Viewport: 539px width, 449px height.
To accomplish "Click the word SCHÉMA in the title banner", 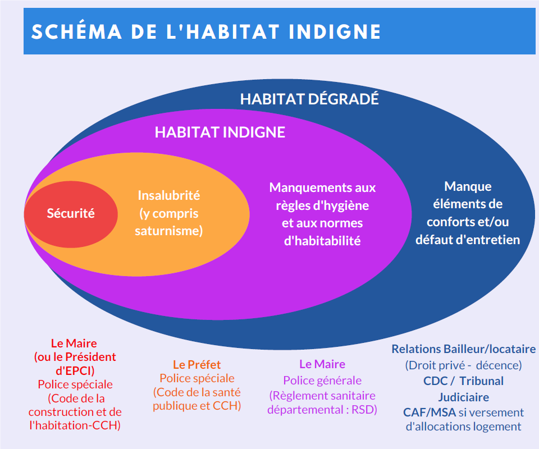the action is point(77,31).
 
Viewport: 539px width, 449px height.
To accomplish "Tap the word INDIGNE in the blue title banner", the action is point(335,31).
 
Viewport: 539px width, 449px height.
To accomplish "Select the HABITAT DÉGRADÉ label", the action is point(309,99).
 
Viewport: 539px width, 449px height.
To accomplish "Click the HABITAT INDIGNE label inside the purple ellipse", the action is point(220,132).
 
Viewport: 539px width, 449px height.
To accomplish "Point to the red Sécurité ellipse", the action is point(71,214).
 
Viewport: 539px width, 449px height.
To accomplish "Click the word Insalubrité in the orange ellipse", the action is point(169,195).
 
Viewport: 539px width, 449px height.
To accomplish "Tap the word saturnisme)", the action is point(169,231).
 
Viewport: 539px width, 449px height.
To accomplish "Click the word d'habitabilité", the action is point(322,241).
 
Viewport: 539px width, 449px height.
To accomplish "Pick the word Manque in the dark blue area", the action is point(468,186).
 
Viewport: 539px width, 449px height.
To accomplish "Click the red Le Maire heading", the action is point(74,343).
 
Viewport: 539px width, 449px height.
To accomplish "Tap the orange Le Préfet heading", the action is point(197,364).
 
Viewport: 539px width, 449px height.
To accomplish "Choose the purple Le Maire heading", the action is point(322,364).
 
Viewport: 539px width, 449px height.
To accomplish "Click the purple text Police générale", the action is point(322,381).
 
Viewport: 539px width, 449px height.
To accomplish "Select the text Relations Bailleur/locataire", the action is point(463,349).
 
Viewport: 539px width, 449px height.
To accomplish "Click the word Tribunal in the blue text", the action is point(481,381).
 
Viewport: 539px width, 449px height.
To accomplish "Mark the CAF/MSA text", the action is point(430,413).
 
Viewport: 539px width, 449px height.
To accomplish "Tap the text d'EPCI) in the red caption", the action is point(75,370).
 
